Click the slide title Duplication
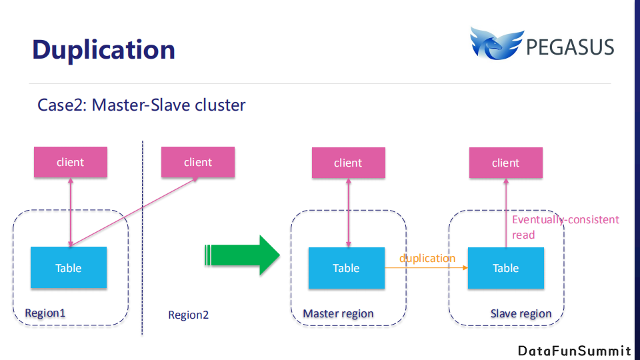(x=103, y=50)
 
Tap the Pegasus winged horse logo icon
(x=495, y=45)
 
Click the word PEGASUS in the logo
(x=570, y=47)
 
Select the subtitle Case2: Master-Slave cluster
(x=141, y=105)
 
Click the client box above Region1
(x=71, y=162)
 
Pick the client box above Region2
(x=198, y=162)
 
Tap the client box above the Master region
(x=348, y=163)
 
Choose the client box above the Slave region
(x=505, y=163)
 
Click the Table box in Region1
(x=69, y=267)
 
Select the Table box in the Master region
(x=346, y=268)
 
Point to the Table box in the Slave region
(x=505, y=268)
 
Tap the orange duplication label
(x=427, y=258)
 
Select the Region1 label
(x=45, y=313)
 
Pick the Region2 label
(x=188, y=315)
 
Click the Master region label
(x=338, y=313)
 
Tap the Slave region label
(x=521, y=313)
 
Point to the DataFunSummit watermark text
(x=574, y=351)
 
